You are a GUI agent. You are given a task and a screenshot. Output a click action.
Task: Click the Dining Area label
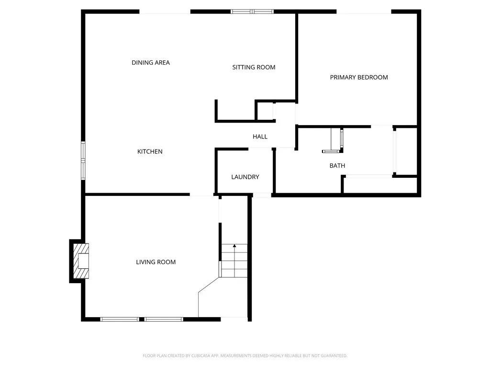[151, 63]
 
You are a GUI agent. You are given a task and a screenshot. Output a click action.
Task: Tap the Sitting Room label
[254, 68]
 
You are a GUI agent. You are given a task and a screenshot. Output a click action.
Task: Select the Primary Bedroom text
[359, 77]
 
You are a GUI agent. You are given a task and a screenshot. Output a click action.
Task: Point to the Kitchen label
[150, 151]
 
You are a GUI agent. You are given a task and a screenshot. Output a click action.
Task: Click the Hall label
[260, 137]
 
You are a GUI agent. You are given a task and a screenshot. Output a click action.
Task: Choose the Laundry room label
[245, 177]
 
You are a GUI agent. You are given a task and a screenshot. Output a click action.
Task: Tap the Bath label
[337, 166]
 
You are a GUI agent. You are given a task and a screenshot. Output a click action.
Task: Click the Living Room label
[156, 262]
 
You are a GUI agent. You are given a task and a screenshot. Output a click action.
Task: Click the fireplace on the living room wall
[80, 261]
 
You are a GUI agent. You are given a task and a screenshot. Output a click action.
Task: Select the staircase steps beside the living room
[234, 261]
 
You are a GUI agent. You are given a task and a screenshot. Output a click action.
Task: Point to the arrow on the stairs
[234, 246]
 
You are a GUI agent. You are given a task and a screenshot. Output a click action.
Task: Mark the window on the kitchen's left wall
[83, 161]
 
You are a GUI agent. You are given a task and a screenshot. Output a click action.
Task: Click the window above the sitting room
[252, 11]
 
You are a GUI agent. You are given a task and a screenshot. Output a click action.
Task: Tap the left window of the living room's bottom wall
[120, 319]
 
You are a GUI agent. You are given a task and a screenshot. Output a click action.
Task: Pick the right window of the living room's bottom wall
[164, 319]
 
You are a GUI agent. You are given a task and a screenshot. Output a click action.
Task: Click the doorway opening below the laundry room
[262, 195]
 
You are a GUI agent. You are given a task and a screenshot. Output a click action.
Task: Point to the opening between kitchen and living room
[201, 195]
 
